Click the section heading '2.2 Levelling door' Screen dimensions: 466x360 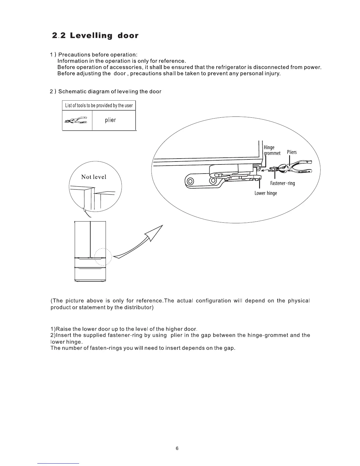tap(95, 36)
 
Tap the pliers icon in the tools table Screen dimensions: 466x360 tap(76, 120)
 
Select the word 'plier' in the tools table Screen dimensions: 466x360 tap(110, 120)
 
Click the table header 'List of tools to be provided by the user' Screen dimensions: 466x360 tap(99, 105)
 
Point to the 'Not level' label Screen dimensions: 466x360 tap(94, 177)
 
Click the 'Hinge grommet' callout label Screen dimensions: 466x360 tap(271, 150)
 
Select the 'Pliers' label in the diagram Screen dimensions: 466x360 tap(292, 152)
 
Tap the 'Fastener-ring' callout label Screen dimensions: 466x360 tap(282, 183)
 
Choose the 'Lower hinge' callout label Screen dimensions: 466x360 tap(266, 193)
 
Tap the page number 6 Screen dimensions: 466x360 tap(177, 448)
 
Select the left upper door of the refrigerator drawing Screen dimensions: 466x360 tap(82, 238)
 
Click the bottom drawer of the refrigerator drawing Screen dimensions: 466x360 tap(90, 274)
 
